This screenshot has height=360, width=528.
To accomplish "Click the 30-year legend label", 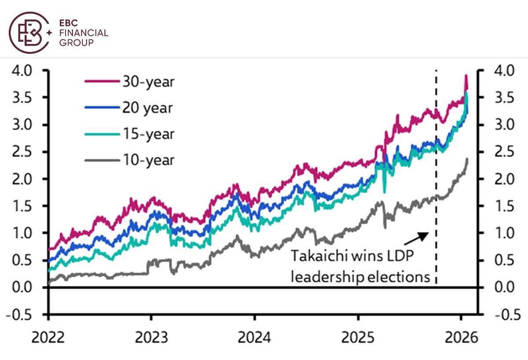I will [x=149, y=82].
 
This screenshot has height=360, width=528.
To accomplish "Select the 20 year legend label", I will [x=148, y=108].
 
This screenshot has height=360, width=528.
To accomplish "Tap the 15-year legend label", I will [x=149, y=134].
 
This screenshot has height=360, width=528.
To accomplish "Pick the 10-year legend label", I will [x=149, y=160].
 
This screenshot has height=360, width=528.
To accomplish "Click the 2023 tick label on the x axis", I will [x=151, y=338].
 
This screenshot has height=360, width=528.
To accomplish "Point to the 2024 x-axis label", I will [x=254, y=338].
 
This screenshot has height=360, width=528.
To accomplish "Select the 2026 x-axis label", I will [x=461, y=338].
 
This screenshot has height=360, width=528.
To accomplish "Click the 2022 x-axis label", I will [x=48, y=338].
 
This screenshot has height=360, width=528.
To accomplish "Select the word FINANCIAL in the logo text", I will [x=83, y=33].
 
